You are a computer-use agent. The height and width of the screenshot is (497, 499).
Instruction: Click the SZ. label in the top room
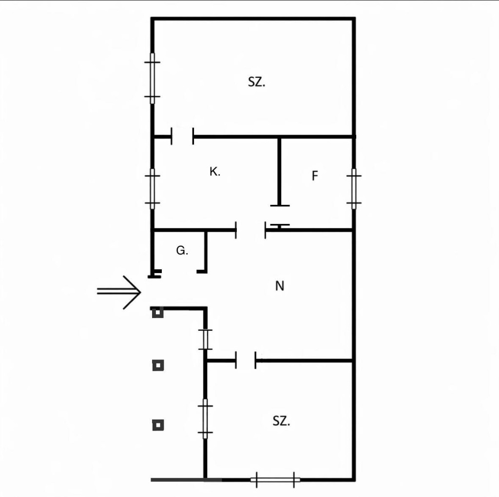tap(256, 82)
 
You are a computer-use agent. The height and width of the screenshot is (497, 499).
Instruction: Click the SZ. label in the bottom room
tap(281, 421)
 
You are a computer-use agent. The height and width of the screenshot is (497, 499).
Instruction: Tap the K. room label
tap(214, 172)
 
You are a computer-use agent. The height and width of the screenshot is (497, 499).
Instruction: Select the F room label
tap(315, 176)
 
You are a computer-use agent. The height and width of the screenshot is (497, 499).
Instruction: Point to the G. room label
tap(182, 251)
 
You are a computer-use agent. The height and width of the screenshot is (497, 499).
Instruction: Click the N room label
tap(279, 286)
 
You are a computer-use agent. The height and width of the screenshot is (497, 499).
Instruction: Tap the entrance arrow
tap(120, 292)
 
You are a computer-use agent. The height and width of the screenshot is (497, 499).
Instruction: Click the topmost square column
tap(157, 313)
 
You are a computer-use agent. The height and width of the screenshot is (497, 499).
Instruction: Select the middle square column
tap(157, 365)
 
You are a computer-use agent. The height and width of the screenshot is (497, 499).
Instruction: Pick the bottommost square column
tap(157, 425)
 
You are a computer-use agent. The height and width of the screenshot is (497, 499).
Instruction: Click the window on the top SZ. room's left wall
tap(153, 78)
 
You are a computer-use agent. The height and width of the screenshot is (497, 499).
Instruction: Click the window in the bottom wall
tap(275, 480)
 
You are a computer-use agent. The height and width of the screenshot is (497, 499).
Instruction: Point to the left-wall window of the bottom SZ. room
tap(205, 417)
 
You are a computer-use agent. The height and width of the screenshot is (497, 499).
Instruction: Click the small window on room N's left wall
tap(205, 339)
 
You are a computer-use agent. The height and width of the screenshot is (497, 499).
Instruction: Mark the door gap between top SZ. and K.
tap(182, 137)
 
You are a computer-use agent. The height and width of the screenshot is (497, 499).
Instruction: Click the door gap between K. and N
tap(250, 230)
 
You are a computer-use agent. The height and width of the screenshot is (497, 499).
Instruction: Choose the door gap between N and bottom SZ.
tap(246, 360)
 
